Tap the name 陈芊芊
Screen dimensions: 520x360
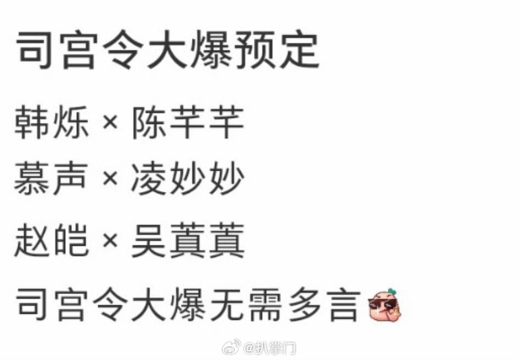point(187,122)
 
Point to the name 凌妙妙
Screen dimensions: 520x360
point(187,179)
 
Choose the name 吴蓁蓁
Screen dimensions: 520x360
point(187,241)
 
